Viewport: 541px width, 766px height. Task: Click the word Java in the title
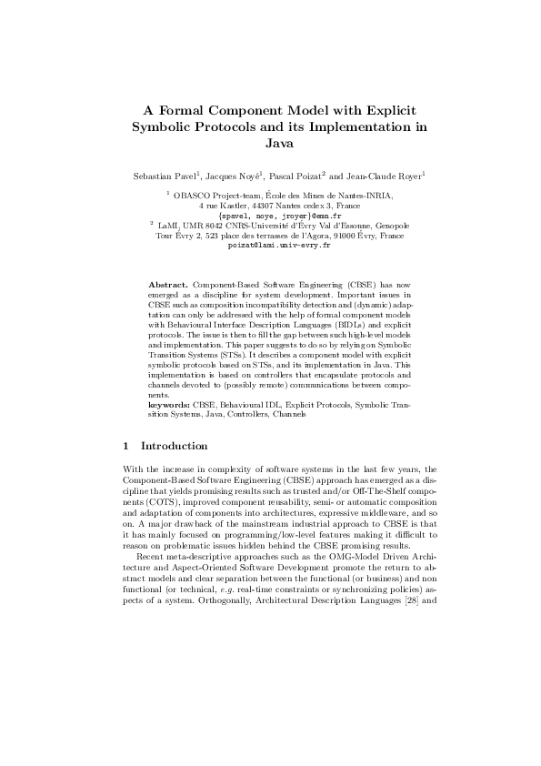coord(270,143)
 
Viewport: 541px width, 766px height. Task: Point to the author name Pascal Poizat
coord(297,175)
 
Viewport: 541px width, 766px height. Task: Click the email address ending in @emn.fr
coord(270,215)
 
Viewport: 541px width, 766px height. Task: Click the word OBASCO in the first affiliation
coord(193,195)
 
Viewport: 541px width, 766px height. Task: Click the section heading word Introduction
coord(174,446)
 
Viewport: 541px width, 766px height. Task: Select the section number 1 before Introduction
coord(125,446)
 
